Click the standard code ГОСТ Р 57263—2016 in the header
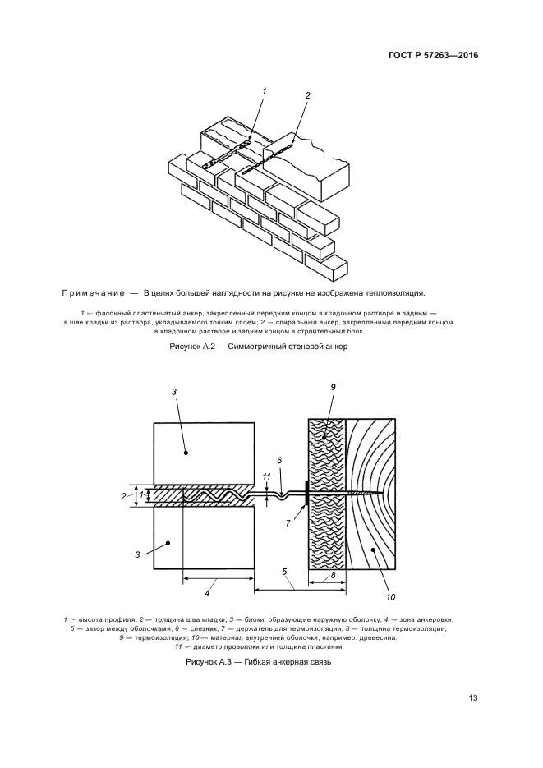point(433,56)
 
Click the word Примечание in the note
point(90,293)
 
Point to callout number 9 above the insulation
point(334,387)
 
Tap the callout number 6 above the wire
point(279,460)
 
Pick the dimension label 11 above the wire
point(265,476)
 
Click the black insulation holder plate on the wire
point(306,494)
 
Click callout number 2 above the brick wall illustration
point(307,95)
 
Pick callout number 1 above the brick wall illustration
point(264,91)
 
